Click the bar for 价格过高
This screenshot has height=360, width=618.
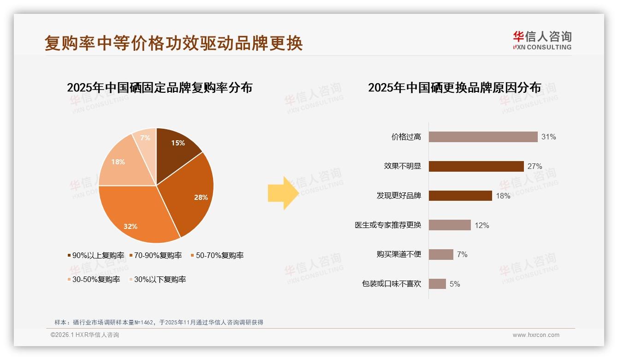pos(483,137)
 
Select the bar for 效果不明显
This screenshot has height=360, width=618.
pos(476,166)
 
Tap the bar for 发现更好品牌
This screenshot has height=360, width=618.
pos(460,196)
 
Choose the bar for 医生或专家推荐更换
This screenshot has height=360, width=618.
pos(450,225)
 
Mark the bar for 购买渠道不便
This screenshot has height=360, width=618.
pos(441,254)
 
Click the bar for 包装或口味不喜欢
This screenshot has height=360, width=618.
pos(437,284)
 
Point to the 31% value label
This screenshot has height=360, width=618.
pos(549,137)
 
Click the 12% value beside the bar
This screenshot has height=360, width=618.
pos(482,225)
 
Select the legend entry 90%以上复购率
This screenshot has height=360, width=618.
pos(96,255)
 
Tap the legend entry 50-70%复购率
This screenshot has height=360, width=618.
pos(217,255)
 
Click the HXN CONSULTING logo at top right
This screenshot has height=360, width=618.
pos(542,40)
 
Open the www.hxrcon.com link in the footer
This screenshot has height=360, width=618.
pos(536,335)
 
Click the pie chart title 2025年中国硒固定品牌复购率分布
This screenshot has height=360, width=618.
pos(160,88)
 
